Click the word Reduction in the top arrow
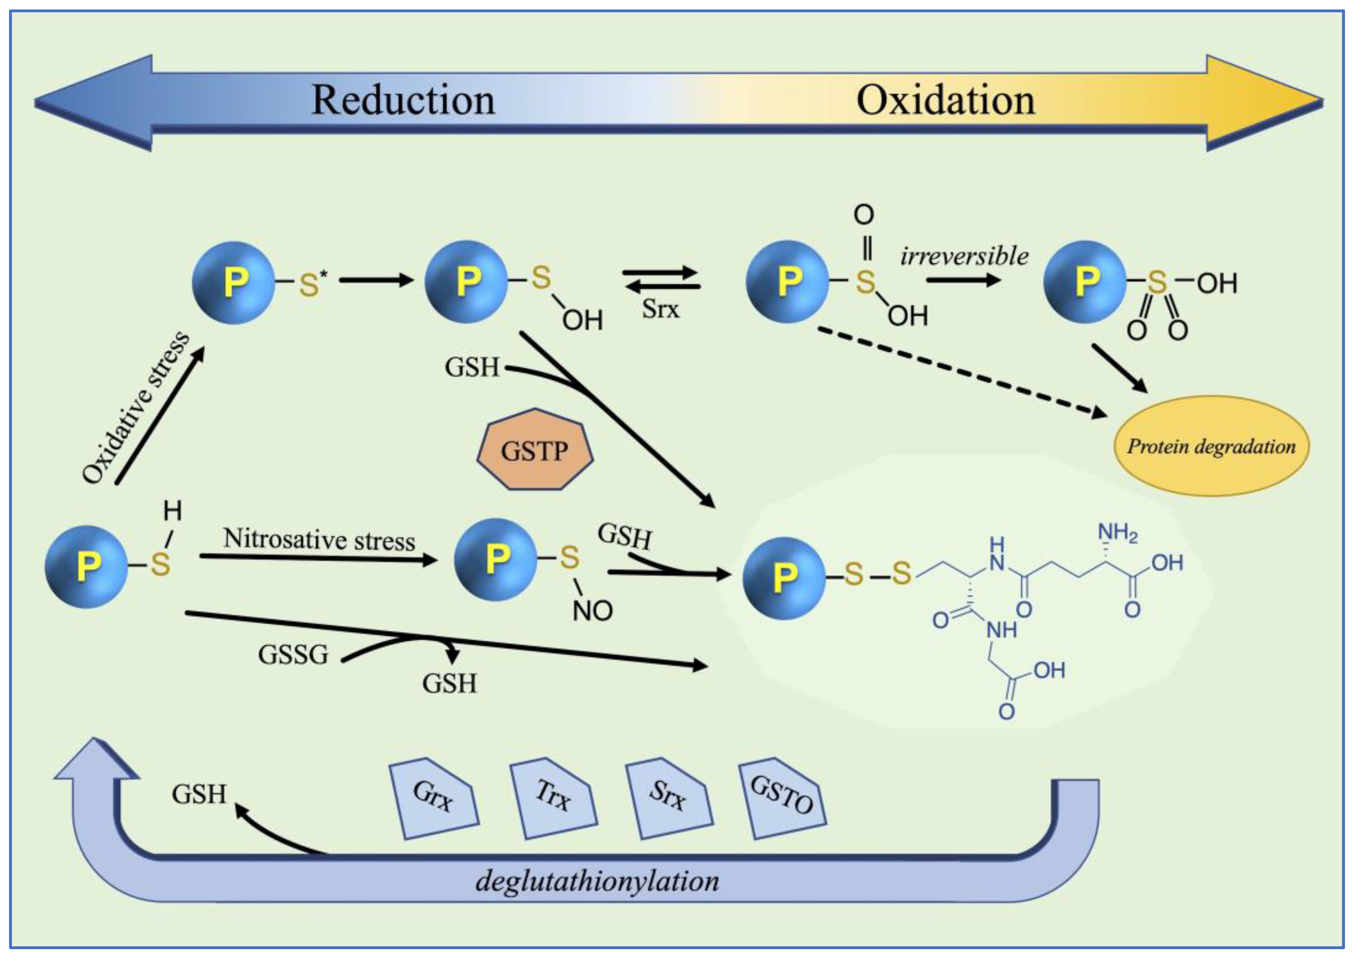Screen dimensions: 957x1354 (x=403, y=100)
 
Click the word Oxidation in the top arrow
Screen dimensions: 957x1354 (x=945, y=100)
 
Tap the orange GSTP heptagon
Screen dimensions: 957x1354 (x=534, y=451)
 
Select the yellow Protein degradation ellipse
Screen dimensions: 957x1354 (x=1211, y=446)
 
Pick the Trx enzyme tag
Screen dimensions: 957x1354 (x=553, y=797)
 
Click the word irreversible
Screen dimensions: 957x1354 (x=964, y=256)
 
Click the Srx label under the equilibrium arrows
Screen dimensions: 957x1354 (x=661, y=309)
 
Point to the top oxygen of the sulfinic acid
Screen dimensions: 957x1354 (x=864, y=215)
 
